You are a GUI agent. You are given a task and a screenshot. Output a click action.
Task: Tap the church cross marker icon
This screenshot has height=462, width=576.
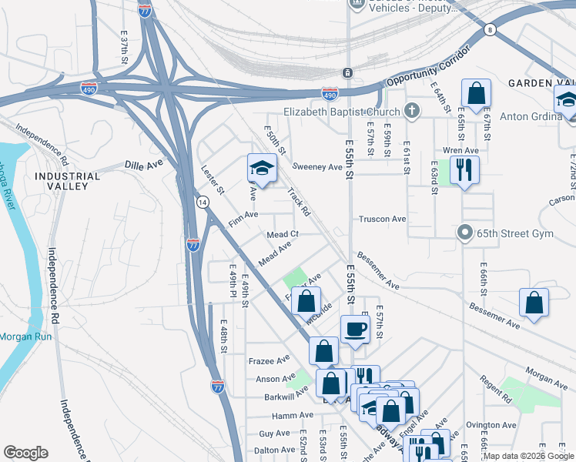(x=412, y=110)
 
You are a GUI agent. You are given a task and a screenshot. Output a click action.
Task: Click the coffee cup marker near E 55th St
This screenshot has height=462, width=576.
(x=354, y=329)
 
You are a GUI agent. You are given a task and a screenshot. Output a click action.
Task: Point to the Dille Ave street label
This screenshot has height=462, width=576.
(x=144, y=165)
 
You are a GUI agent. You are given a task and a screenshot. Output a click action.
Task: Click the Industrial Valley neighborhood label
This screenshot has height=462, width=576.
(x=67, y=182)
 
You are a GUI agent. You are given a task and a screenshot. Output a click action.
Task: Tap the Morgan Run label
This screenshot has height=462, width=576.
(x=25, y=336)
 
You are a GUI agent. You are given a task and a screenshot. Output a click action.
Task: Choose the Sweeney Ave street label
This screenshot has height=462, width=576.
(x=317, y=167)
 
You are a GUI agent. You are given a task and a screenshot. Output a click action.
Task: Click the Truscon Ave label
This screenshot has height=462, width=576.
(x=382, y=219)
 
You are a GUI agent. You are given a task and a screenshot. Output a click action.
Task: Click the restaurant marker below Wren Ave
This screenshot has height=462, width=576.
(x=464, y=169)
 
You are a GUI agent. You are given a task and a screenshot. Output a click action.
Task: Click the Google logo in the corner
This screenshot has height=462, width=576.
(x=26, y=453)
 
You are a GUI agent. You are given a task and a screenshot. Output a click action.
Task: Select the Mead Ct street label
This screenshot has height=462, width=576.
(x=282, y=234)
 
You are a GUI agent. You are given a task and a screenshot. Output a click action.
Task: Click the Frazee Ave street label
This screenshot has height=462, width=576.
(x=269, y=360)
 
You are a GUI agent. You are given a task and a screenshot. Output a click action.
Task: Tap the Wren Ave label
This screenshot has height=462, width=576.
(x=460, y=150)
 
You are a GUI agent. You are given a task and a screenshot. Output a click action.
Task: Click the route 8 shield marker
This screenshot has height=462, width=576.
(x=490, y=29)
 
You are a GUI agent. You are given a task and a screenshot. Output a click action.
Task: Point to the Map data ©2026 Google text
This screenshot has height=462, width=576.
(x=528, y=456)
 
